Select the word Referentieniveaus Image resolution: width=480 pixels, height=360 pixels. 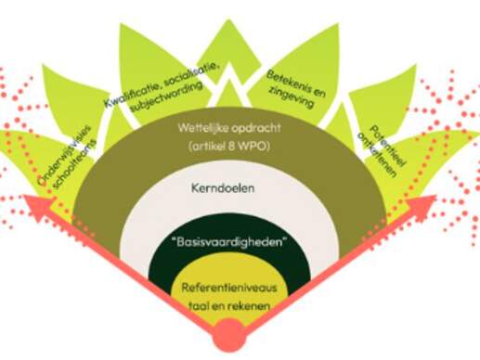point(233,288)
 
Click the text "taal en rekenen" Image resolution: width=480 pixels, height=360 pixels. point(233,302)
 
